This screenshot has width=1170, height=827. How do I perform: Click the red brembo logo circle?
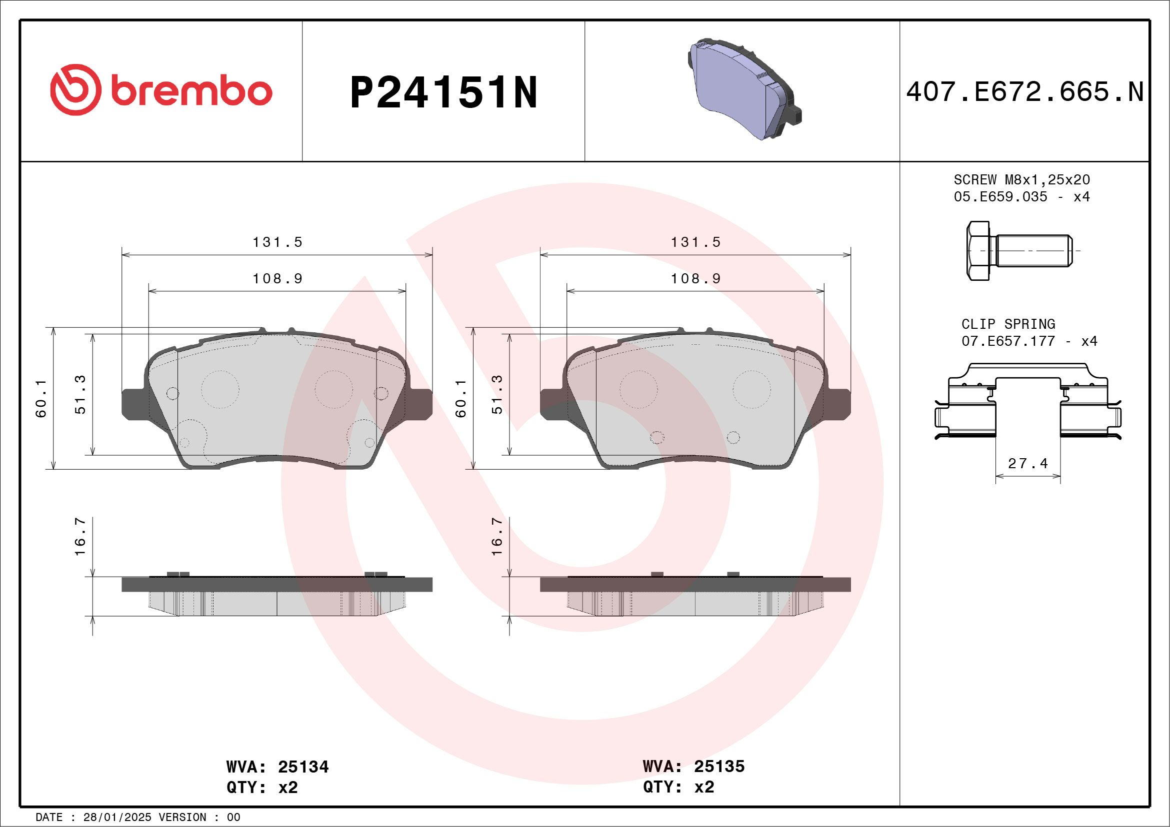click(75, 90)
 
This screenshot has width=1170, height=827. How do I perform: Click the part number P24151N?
click(443, 92)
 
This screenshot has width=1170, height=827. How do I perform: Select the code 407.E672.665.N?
click(1024, 92)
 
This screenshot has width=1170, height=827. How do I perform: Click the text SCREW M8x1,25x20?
click(1021, 180)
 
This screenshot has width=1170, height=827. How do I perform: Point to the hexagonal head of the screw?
click(977, 250)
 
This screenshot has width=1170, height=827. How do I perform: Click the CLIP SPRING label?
click(1007, 324)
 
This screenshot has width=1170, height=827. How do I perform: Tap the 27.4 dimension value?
click(1028, 463)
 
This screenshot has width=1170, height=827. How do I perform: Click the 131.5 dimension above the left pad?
click(277, 242)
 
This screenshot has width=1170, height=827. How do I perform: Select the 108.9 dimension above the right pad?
click(695, 278)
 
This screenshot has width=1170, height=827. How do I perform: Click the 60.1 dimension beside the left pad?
click(41, 398)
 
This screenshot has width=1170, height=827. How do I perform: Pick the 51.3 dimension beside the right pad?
click(497, 394)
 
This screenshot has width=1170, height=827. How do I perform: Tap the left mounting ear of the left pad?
click(133, 404)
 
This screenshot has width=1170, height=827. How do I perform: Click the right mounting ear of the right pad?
click(838, 404)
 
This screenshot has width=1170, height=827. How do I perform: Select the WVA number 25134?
click(302, 767)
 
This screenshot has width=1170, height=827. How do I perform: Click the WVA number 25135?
click(719, 767)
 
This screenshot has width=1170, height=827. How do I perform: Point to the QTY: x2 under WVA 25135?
click(678, 788)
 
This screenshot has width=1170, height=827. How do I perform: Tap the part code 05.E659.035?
click(1000, 196)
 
